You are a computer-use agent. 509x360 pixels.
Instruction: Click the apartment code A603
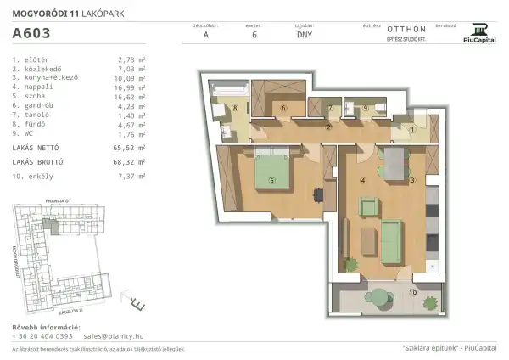(x=31, y=35)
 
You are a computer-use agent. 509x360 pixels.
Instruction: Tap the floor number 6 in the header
(x=255, y=37)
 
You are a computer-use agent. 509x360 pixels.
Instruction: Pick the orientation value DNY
(x=304, y=37)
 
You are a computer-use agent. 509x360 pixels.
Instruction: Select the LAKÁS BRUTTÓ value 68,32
(x=129, y=160)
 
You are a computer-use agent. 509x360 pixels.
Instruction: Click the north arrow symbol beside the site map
(x=137, y=301)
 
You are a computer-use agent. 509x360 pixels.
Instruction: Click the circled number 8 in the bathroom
(x=236, y=109)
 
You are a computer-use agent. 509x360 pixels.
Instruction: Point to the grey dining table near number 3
(x=394, y=160)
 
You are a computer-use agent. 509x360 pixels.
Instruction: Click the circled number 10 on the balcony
(x=413, y=292)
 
